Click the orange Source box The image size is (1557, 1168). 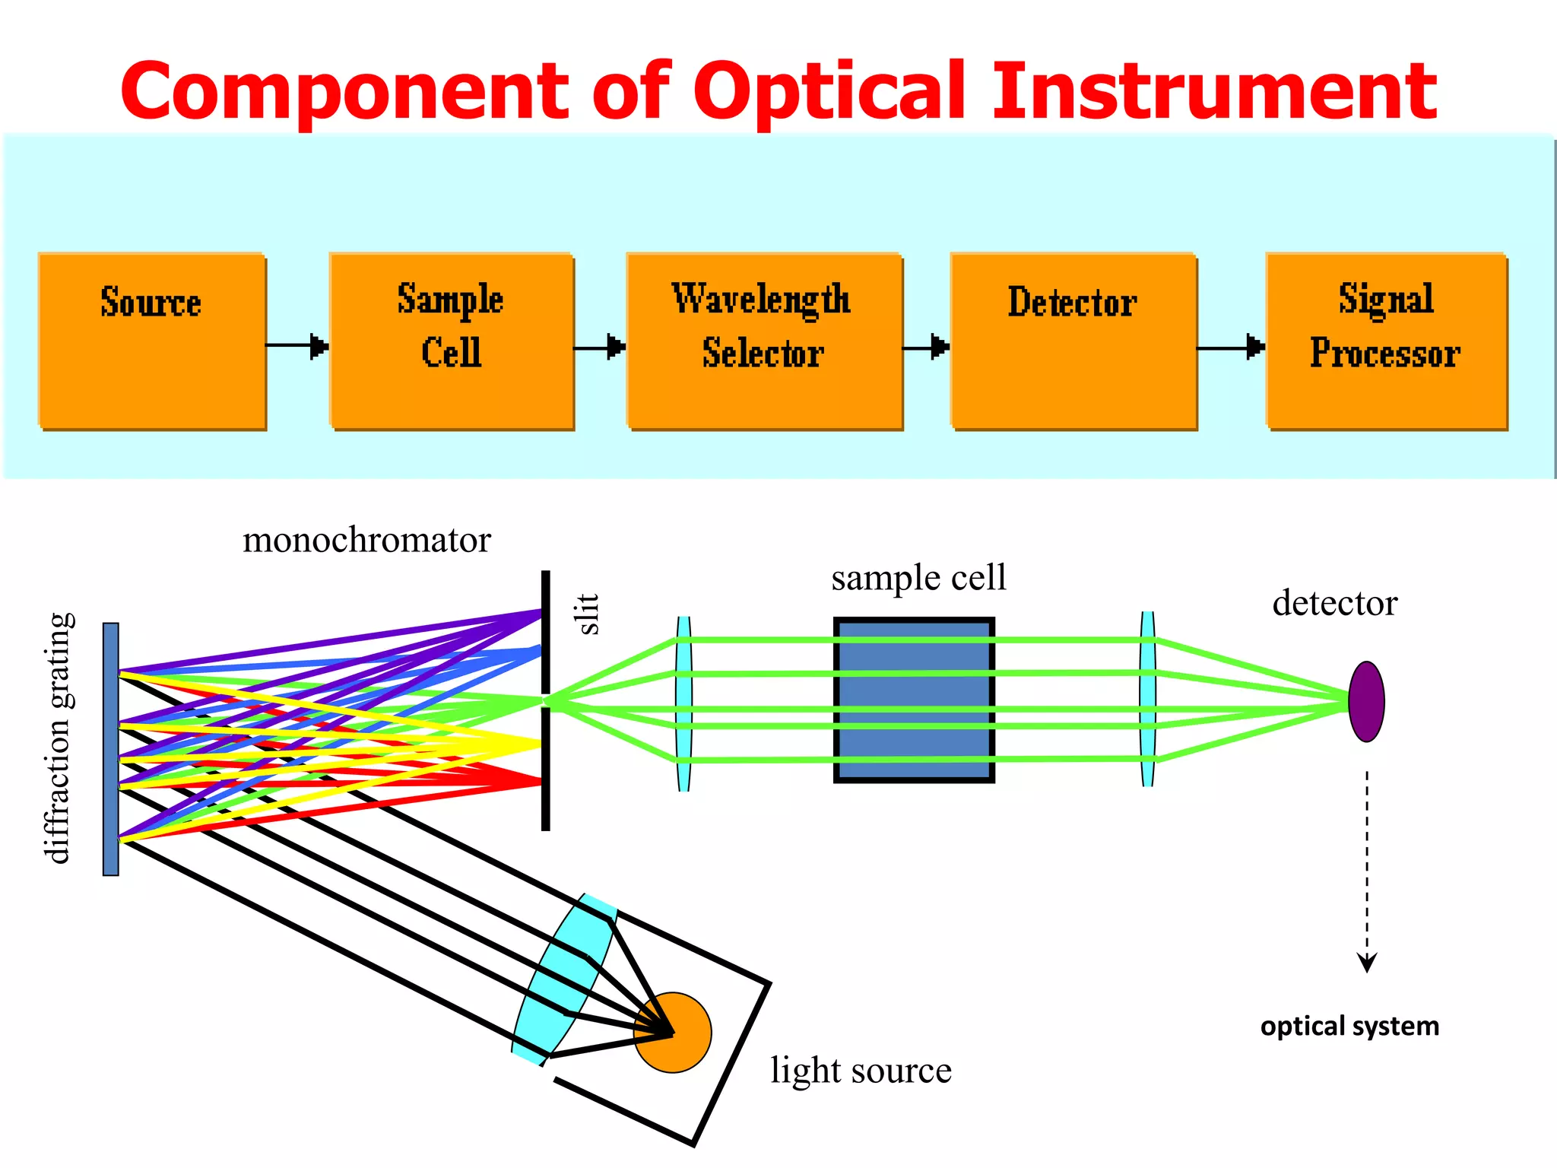[152, 341]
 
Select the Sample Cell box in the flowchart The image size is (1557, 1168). [452, 341]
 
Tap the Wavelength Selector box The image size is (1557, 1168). [764, 341]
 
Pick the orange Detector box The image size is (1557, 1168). [1073, 341]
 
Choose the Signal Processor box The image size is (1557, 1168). [1386, 341]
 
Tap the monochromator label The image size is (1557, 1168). [366, 541]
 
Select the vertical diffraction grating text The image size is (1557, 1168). [59, 738]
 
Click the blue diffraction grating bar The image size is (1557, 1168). [111, 749]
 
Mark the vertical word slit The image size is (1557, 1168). [588, 614]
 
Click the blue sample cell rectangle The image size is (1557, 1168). [914, 700]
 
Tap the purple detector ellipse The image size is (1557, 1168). [1366, 701]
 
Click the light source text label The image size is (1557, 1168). [861, 1070]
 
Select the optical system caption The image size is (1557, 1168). [1349, 1027]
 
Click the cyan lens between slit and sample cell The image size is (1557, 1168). [683, 703]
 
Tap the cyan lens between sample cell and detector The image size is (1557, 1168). [1148, 700]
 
